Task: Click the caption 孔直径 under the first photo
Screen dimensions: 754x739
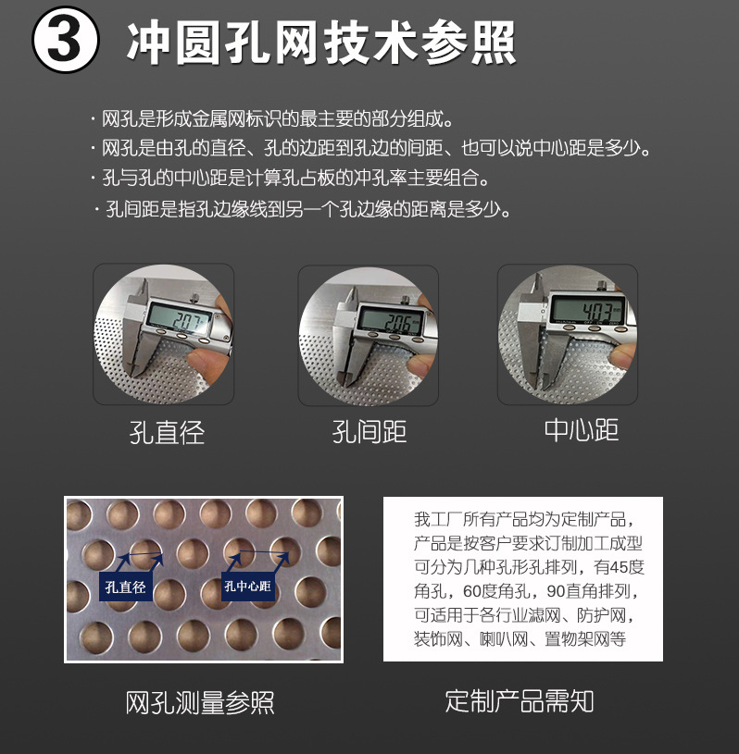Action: (167, 432)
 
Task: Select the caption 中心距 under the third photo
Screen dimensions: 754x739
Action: (581, 430)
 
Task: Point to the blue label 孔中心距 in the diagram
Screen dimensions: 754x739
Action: (247, 587)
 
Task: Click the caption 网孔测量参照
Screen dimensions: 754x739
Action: (200, 702)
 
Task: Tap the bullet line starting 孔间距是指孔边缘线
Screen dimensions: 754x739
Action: (307, 209)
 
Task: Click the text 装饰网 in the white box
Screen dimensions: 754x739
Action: (435, 639)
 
